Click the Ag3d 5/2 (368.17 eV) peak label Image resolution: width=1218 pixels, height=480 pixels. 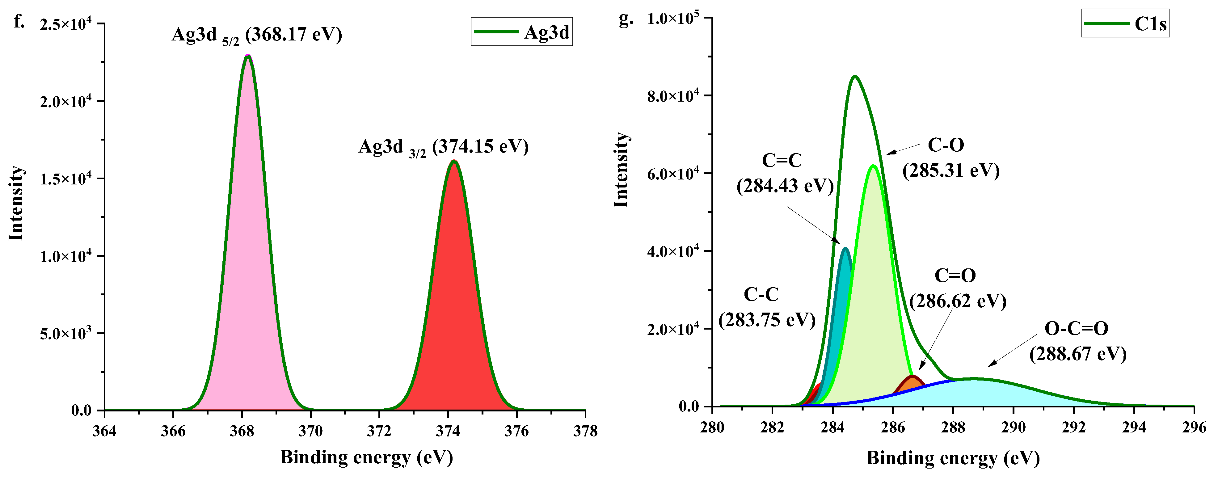[x=256, y=35]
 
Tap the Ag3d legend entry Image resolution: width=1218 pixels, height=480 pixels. [x=521, y=32]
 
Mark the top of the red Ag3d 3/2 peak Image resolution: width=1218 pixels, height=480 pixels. [x=454, y=162]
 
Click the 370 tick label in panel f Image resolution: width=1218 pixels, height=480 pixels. [x=310, y=431]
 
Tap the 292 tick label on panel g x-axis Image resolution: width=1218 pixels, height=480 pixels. [x=1073, y=427]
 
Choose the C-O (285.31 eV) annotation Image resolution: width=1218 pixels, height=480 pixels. [x=950, y=158]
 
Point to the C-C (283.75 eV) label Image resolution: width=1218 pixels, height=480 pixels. [x=766, y=307]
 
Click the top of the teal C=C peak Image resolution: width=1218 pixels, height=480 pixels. [x=845, y=248]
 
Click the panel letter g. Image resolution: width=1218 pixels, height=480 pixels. [x=626, y=19]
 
